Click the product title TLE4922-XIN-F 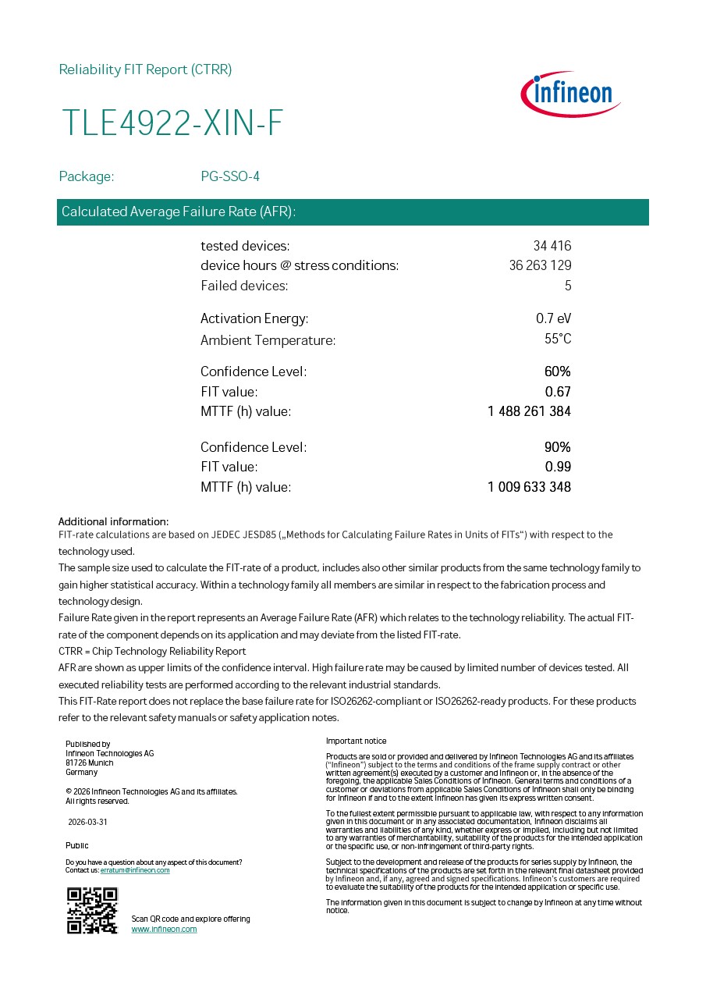coord(172,124)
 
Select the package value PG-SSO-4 coord(230,176)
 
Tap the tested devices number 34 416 coord(552,246)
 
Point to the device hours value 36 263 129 coord(540,265)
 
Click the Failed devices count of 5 coord(568,286)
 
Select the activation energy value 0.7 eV coord(553,318)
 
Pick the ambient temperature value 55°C coord(558,339)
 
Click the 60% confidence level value coord(558,372)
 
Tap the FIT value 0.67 coord(558,392)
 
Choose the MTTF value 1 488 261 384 coord(529,411)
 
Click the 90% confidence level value coord(558,447)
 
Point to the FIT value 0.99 coord(558,467)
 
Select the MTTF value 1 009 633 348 coord(529,487)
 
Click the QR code coord(92,910)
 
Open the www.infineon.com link coord(164,929)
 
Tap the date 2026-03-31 coord(87,822)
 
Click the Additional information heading coord(113,521)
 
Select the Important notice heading coord(356,741)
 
